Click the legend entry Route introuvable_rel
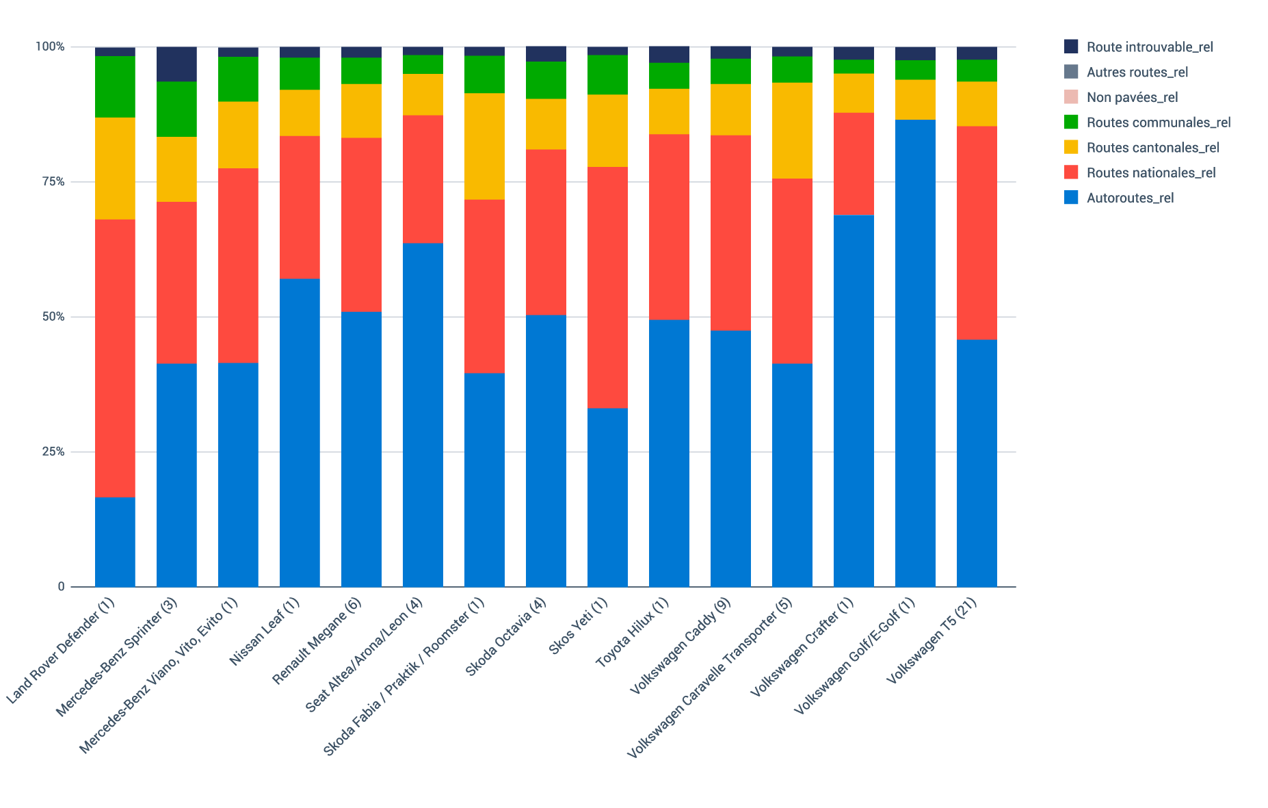coord(1149,47)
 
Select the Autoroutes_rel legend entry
coord(1130,198)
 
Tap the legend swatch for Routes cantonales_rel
coord(1072,147)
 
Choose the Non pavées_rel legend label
coord(1132,98)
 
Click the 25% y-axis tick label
coord(52,452)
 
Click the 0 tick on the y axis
coord(61,586)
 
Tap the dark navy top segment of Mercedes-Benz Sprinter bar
coord(176,64)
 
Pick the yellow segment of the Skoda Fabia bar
coord(484,146)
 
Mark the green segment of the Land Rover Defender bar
coord(115,87)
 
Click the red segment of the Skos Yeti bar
coord(607,287)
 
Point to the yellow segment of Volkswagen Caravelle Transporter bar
coord(792,131)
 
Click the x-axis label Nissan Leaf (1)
coord(265,631)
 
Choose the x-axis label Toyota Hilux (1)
coord(633,631)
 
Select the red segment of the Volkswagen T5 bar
coord(977,233)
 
